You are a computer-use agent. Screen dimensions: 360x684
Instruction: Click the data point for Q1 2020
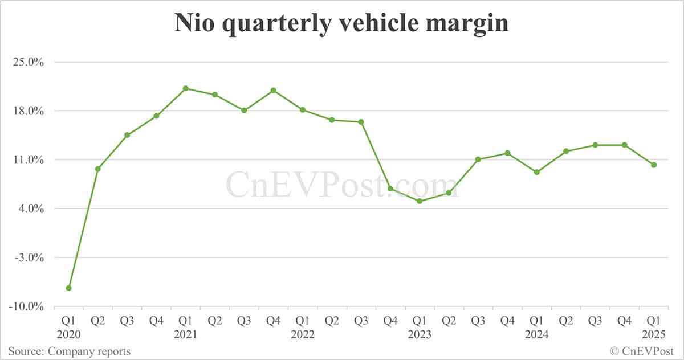pyautogui.click(x=68, y=288)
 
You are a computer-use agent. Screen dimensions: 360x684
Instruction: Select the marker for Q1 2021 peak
pyautogui.click(x=186, y=88)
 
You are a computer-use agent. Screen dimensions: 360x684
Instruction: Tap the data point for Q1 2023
pyautogui.click(x=420, y=201)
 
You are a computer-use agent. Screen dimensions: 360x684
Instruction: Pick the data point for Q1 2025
pyautogui.click(x=654, y=165)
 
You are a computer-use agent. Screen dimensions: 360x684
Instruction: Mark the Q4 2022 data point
pyautogui.click(x=390, y=189)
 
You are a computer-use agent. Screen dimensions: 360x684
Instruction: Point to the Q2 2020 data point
pyautogui.click(x=98, y=169)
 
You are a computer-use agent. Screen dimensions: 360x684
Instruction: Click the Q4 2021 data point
pyautogui.click(x=274, y=91)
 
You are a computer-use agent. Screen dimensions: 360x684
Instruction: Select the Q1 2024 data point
pyautogui.click(x=537, y=172)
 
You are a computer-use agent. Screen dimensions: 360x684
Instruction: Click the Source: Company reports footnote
pyautogui.click(x=69, y=351)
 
